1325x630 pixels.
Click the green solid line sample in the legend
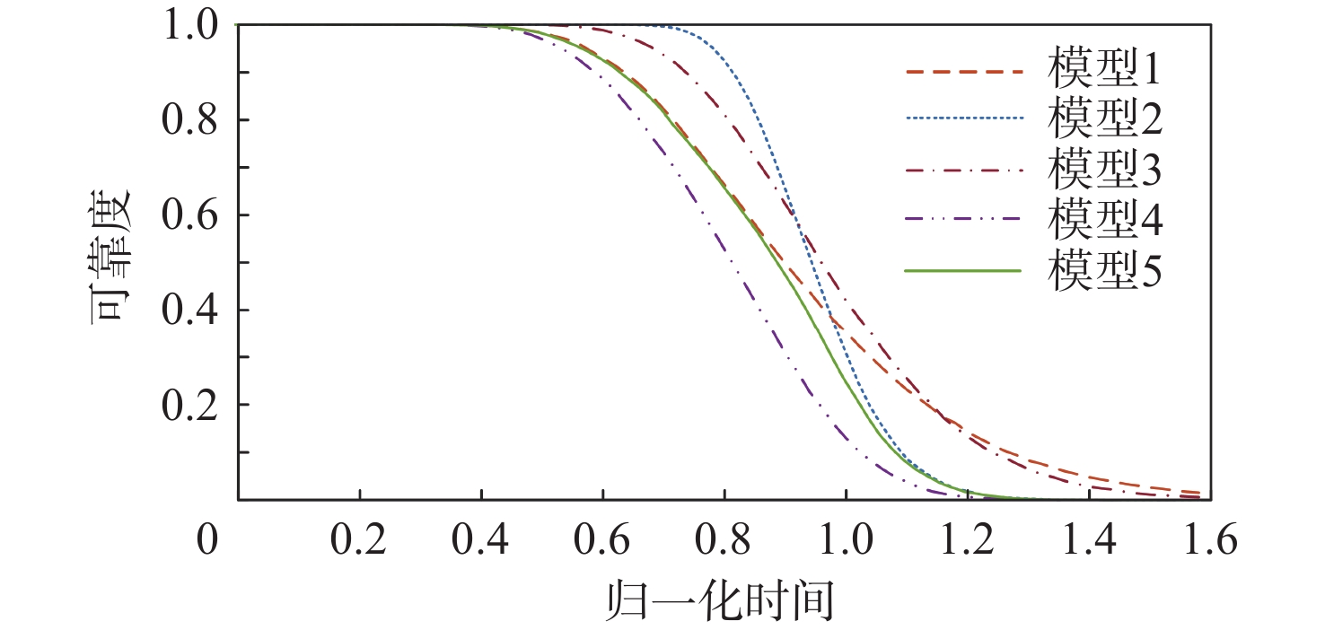pos(964,269)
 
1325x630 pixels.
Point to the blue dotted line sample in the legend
pos(964,118)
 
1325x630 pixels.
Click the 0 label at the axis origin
pos(207,542)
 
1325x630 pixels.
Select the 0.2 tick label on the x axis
pos(359,542)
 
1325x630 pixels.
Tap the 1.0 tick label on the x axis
pos(846,542)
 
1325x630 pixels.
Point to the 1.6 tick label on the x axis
pos(1209,542)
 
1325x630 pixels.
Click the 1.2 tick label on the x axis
pos(968,542)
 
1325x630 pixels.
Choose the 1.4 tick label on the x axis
pos(1089,542)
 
